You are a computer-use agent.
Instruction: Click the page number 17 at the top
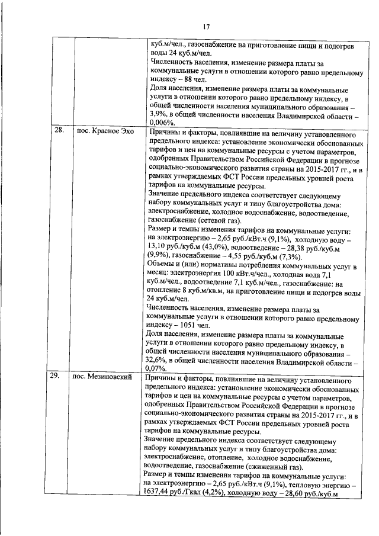207,26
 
